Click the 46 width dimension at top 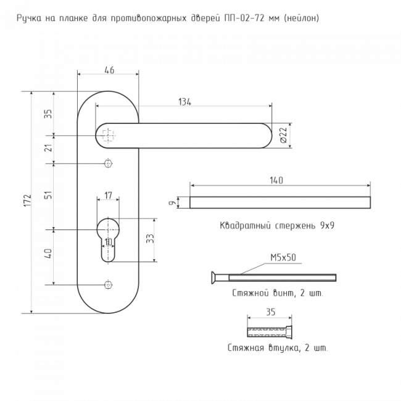(x=109, y=70)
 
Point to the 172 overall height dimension (x=27, y=200)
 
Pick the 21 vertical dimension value (x=48, y=148)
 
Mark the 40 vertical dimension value (x=48, y=253)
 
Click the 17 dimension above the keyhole (x=109, y=196)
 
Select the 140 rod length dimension (x=276, y=181)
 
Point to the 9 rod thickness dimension (x=170, y=202)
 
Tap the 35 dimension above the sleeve (x=270, y=312)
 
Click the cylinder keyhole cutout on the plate (x=109, y=238)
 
